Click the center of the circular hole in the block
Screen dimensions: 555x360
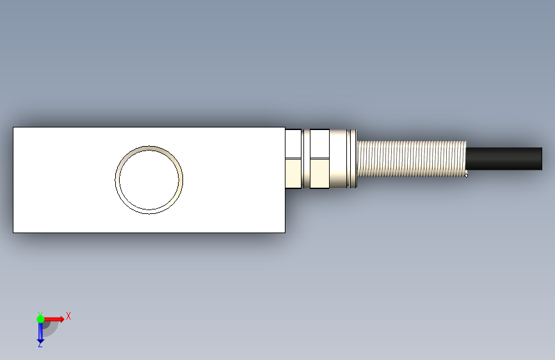(149, 180)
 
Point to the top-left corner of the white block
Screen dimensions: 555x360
(13, 127)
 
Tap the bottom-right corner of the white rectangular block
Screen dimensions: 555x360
(286, 233)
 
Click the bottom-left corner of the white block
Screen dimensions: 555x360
(13, 233)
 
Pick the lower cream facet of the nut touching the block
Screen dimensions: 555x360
(293, 173)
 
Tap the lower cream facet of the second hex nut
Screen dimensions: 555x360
(319, 173)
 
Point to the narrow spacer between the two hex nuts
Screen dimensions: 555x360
(306, 159)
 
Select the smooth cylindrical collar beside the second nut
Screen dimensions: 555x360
(339, 159)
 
